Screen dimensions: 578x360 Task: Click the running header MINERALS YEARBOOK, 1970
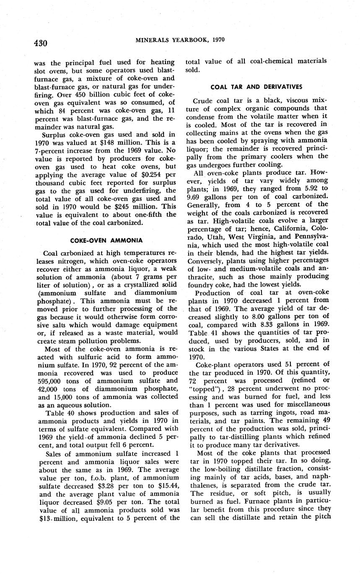coord(180,40)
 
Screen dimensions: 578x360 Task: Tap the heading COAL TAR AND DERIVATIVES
coord(256,87)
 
